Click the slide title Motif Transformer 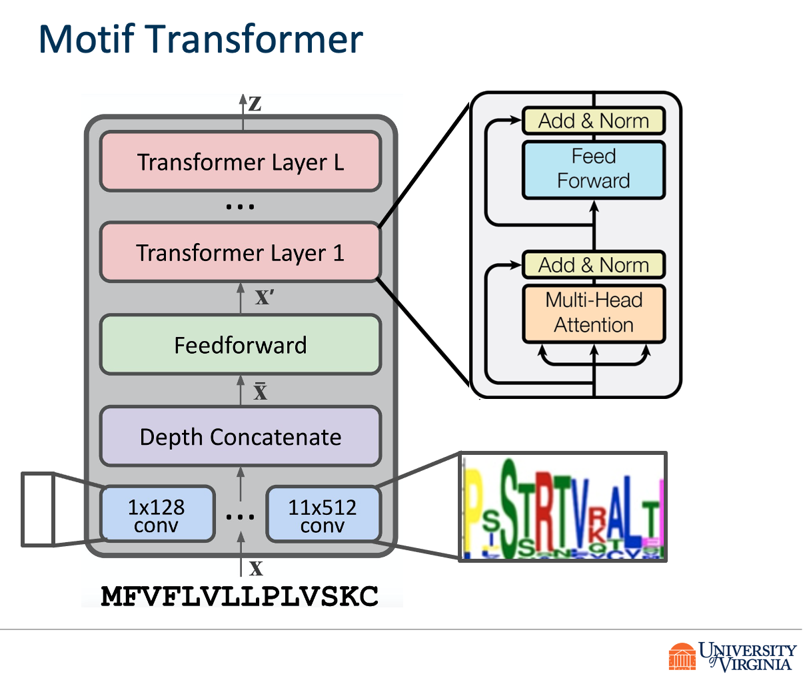201,39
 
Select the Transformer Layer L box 240,162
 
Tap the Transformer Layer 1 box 240,252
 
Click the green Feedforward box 240,345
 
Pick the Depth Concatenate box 240,437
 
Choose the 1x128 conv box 157,515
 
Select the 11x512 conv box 323,515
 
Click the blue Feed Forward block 593,169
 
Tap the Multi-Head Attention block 593,313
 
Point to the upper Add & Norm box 593,121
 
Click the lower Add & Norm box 593,265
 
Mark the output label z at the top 255,104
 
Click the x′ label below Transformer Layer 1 264,297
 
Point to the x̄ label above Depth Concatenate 261,391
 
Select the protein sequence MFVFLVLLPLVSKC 240,595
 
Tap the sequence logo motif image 563,507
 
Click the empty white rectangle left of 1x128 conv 37,510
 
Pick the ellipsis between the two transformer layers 240,207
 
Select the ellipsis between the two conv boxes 240,517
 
